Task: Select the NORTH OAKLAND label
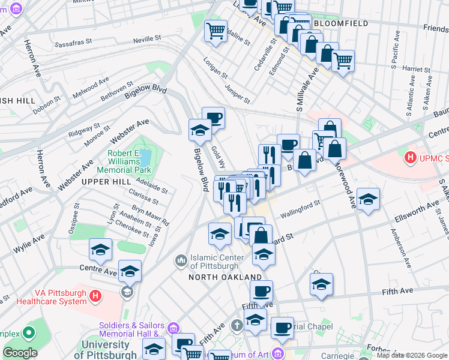click(225, 277)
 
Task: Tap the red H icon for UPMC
click(411, 158)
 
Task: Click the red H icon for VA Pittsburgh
click(95, 296)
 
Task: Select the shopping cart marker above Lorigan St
click(215, 31)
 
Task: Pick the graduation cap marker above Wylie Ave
click(100, 250)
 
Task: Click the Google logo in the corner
click(20, 353)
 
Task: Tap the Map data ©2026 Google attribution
click(412, 355)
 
